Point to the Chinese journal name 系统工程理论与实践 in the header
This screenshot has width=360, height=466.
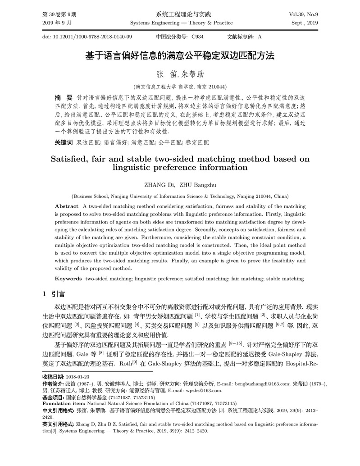tap(180, 14)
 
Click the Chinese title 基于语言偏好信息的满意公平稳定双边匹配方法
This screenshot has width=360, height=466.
tap(180, 56)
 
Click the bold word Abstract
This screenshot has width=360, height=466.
tap(66, 206)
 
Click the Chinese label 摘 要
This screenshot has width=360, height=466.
tap(63, 97)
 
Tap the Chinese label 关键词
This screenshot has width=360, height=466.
tap(64, 142)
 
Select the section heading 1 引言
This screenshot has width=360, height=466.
tap(53, 294)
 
